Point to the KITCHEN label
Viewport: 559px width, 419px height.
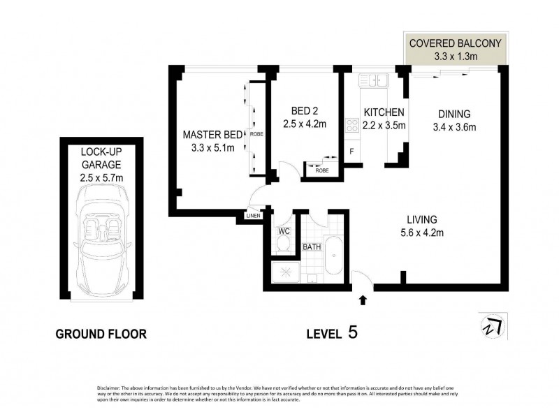click(383, 112)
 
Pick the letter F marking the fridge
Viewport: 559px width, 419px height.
click(351, 150)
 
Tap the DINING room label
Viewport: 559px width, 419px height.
click(454, 114)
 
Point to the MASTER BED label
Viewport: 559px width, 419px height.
click(212, 134)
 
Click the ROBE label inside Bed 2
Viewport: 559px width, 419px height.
click(321, 170)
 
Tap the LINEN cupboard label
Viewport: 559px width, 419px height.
click(253, 215)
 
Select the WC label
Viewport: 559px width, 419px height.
click(284, 230)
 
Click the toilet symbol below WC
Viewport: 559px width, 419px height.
click(284, 244)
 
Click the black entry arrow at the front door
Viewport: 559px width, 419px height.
click(363, 301)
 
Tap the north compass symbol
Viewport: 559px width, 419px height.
click(493, 326)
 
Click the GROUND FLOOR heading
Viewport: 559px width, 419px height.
click(101, 334)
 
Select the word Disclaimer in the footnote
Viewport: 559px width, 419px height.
click(108, 388)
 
